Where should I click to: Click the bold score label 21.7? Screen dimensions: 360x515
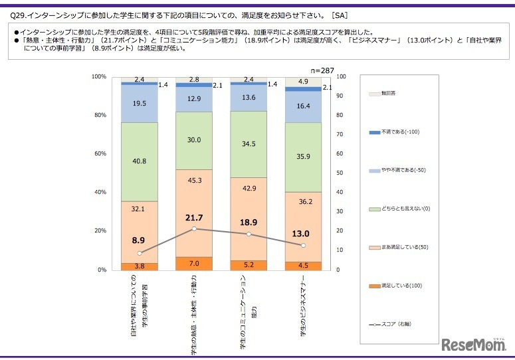click(194, 217)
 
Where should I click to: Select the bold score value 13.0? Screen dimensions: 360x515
click(303, 234)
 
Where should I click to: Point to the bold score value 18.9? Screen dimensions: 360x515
click(249, 223)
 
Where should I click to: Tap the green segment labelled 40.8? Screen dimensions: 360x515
click(139, 160)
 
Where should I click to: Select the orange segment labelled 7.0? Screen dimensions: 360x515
click(194, 263)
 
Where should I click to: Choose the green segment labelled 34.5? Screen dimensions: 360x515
click(249, 143)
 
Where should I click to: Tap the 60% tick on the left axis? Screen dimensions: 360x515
click(98, 154)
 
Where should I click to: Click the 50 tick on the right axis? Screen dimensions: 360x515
click(341, 173)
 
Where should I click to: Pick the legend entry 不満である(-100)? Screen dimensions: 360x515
click(399, 132)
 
